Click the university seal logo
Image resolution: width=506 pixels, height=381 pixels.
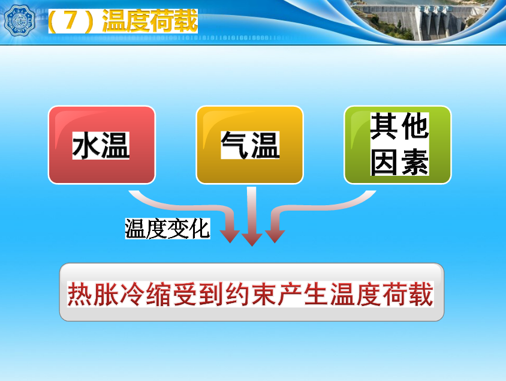[x=19, y=20]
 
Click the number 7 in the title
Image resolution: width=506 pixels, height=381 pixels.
[x=71, y=20]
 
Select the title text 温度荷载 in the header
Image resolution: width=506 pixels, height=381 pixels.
[x=150, y=20]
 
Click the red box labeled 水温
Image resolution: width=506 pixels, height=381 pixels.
[x=102, y=145]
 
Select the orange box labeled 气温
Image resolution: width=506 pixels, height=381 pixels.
[x=250, y=145]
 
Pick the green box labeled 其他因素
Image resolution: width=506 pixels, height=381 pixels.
[x=397, y=145]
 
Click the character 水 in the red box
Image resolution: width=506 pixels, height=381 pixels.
[x=86, y=146]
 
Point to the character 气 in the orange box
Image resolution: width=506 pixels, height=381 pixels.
[x=235, y=145]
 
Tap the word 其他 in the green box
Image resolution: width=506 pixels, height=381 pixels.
[x=399, y=126]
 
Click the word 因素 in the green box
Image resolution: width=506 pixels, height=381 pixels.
[x=399, y=162]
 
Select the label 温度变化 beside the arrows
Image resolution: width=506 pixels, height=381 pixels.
[x=167, y=229]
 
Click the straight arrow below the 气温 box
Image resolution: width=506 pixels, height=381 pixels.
[x=252, y=217]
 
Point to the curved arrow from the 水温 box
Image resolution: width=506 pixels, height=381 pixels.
[x=194, y=207]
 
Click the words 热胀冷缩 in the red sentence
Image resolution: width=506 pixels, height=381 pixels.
[x=119, y=294]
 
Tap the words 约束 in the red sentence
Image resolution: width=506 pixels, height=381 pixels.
[x=251, y=294]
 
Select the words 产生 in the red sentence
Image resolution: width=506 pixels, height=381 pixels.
[x=303, y=294]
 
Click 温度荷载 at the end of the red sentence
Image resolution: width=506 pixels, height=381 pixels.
[x=382, y=294]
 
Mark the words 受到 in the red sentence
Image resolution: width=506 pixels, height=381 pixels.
[x=198, y=294]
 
